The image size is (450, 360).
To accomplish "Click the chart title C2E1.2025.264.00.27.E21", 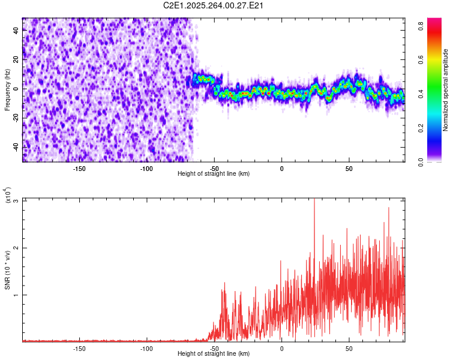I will pos(214,6).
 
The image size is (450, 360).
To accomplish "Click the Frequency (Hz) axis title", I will pos(7,90).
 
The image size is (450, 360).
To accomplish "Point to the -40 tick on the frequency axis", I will pos(16,147).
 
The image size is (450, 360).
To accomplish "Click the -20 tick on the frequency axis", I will pos(16,118).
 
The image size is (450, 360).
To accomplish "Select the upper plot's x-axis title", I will pos(214,173).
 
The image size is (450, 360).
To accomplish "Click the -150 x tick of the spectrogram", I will pos(79,169).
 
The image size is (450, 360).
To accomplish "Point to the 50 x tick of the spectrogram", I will pos(349,169).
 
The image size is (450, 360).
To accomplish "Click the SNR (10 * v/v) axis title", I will pos(7,270).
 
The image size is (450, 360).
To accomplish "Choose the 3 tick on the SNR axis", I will pos(17,200).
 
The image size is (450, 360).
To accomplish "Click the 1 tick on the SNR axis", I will pos(17,295).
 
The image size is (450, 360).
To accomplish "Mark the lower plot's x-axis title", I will pos(214,354).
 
